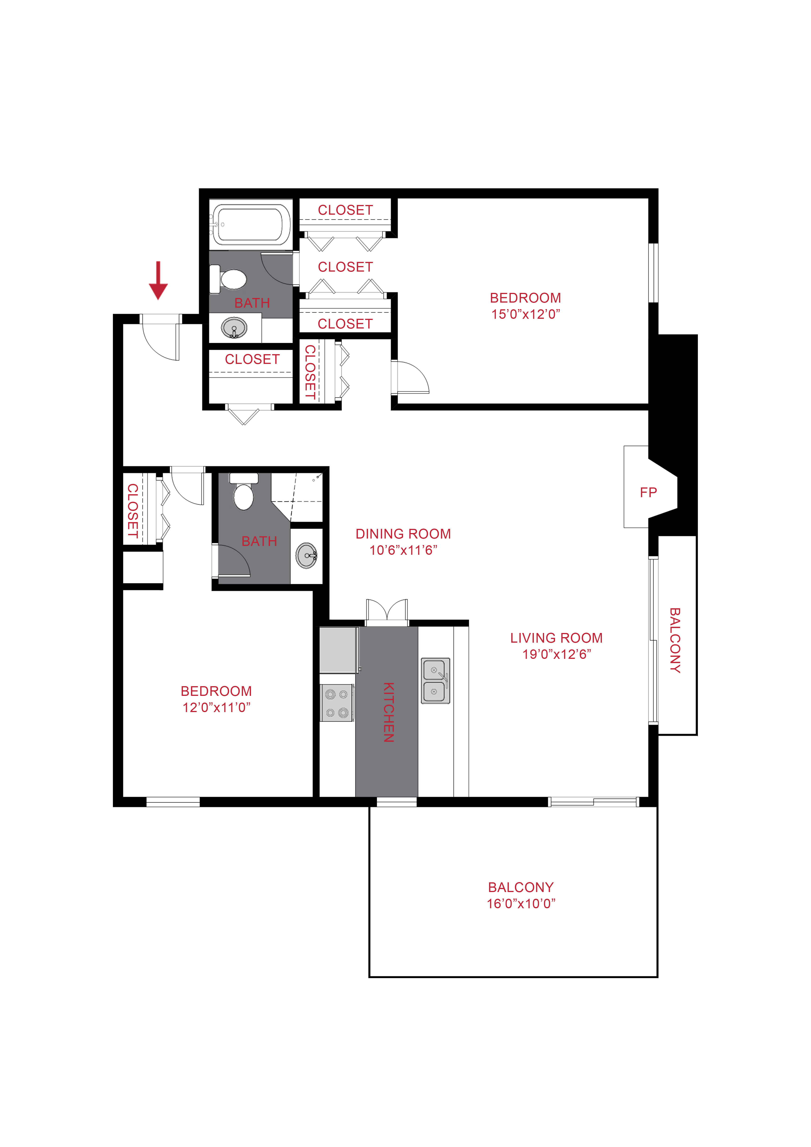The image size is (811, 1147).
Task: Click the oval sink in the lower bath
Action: [307, 555]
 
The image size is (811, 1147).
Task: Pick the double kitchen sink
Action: [436, 680]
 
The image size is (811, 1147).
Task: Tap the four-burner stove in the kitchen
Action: [337, 703]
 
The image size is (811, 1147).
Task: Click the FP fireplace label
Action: [648, 493]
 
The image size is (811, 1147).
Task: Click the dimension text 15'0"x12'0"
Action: [525, 314]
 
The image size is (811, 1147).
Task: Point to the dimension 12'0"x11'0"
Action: [216, 707]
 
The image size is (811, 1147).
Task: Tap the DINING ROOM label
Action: [403, 534]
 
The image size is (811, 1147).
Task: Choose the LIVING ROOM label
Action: [556, 638]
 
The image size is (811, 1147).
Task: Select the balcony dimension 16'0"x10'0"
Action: [521, 903]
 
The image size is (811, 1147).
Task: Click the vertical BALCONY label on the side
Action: [675, 640]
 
